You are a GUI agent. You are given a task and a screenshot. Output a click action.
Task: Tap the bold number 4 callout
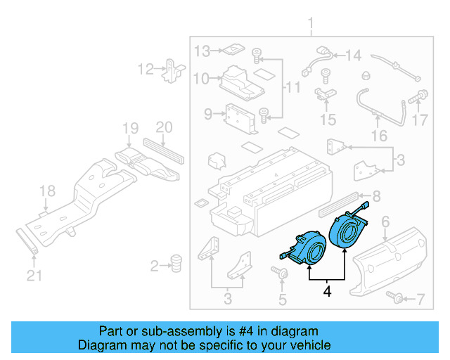point(326,290)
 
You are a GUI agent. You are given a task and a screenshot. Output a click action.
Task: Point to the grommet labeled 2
point(176,264)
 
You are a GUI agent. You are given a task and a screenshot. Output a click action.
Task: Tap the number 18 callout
point(46,191)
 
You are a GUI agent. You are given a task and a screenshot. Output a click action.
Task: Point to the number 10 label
point(201,79)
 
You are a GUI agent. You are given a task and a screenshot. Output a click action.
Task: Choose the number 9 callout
point(208,114)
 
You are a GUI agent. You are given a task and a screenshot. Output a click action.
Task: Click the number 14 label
point(353,55)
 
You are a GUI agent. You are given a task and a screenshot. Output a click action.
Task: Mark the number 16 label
point(379,135)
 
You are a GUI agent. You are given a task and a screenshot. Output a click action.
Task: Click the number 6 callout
point(385,223)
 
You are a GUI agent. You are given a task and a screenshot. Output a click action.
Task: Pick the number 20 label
point(163,128)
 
